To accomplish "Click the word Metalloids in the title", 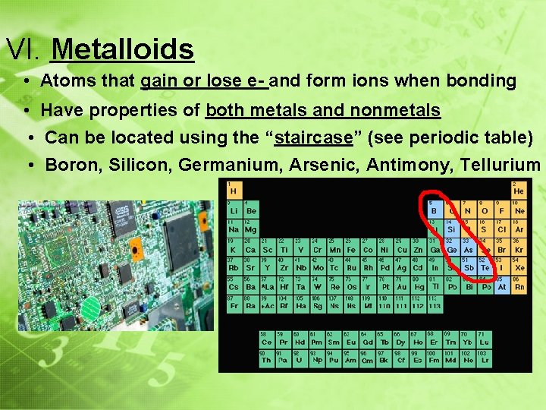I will (x=122, y=50).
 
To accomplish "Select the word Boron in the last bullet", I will (x=69, y=165).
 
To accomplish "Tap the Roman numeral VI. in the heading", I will (x=24, y=50).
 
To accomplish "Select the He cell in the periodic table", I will (x=518, y=190).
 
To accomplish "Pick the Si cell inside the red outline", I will (x=450, y=229).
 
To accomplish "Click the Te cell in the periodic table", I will (x=485, y=267).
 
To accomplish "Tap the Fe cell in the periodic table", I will (x=352, y=248).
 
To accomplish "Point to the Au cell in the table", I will (x=402, y=287).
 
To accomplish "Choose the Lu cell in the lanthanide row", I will (x=484, y=342).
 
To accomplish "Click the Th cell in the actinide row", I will (x=265, y=361).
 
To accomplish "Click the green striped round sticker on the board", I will (x=90, y=307).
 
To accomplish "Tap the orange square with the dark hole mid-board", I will (x=136, y=250).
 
